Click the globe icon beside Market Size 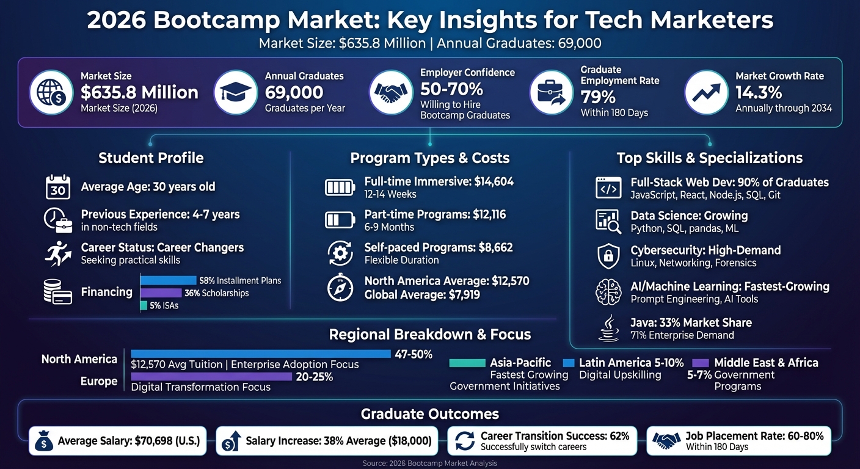click(52, 92)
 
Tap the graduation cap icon click(236, 92)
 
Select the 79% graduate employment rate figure click(598, 97)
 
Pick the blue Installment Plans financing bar click(168, 280)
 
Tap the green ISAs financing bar click(144, 305)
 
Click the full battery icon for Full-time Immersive click(340, 187)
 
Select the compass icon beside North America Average click(340, 288)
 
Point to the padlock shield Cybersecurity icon click(608, 256)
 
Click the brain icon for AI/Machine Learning click(608, 292)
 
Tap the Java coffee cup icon click(608, 328)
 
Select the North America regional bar click(261, 354)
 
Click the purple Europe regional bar click(211, 377)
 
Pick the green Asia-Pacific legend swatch click(467, 363)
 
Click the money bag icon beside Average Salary click(44, 441)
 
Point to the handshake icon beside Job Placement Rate click(666, 440)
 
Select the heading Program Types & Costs click(429, 158)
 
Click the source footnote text click(429, 464)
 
